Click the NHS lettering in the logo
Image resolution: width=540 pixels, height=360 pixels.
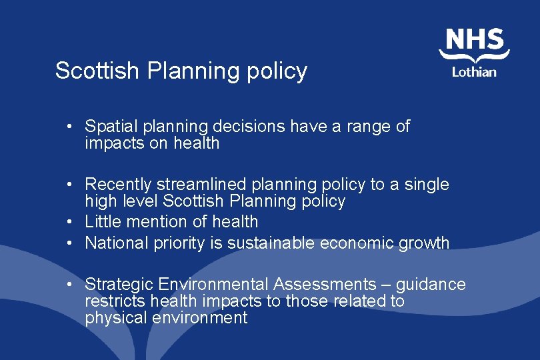(474, 39)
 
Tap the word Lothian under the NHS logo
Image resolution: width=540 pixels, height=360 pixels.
(474, 71)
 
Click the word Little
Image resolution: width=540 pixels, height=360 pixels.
(101, 221)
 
